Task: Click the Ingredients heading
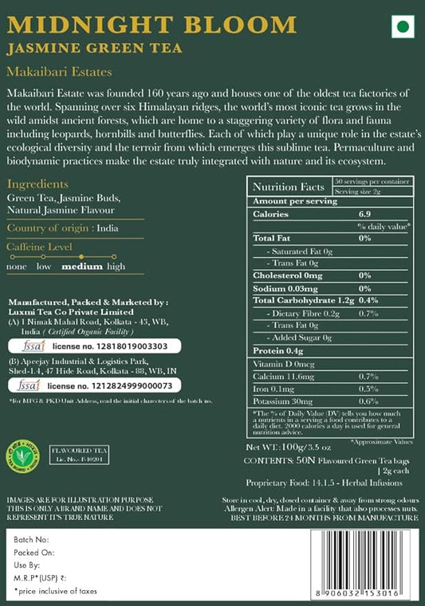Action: tap(37, 183)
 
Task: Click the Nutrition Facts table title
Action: tap(286, 186)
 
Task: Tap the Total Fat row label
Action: tap(272, 238)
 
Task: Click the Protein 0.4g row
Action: tap(277, 350)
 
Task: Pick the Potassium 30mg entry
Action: tap(284, 401)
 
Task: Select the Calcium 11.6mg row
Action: tap(284, 375)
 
